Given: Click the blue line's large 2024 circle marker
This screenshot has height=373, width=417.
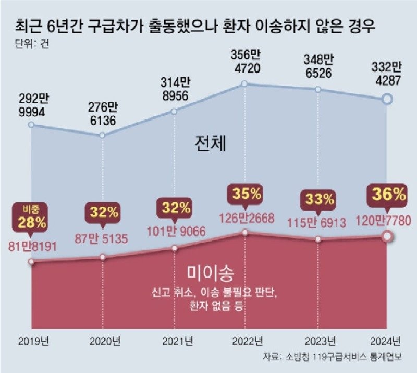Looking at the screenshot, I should click(x=386, y=98).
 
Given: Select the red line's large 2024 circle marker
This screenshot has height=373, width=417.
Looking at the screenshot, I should click(x=386, y=237).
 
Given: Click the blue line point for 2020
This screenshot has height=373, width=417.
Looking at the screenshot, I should click(x=102, y=135).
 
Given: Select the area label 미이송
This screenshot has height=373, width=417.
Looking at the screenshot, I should click(x=210, y=273).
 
